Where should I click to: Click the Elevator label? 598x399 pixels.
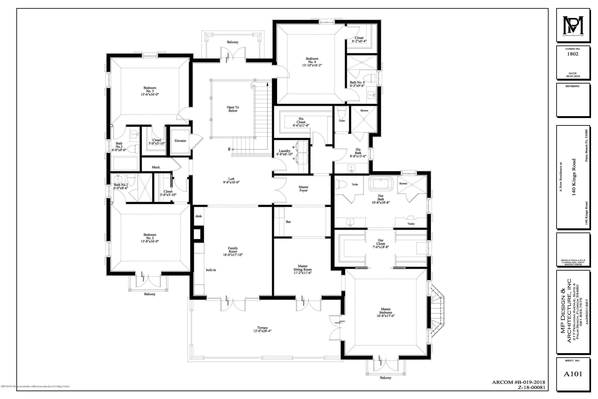[x=180, y=141]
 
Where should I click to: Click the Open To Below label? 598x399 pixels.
[x=233, y=109]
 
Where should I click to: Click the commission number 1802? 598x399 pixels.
[x=572, y=54]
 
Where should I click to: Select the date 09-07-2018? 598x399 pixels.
[x=572, y=76]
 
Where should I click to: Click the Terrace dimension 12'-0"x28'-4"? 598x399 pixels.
[x=262, y=331]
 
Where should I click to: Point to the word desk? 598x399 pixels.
[x=199, y=216]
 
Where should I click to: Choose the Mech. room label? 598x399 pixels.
[x=156, y=167]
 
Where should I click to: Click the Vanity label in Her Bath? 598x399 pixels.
[x=411, y=224]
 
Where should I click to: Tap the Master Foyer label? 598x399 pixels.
[x=303, y=189]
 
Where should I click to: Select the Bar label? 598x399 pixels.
[x=288, y=222]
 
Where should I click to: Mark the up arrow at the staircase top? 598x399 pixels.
[x=268, y=83]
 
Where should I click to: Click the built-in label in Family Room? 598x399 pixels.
[x=211, y=270]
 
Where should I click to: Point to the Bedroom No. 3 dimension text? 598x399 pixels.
[x=150, y=94]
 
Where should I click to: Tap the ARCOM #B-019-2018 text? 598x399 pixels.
[x=518, y=382]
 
